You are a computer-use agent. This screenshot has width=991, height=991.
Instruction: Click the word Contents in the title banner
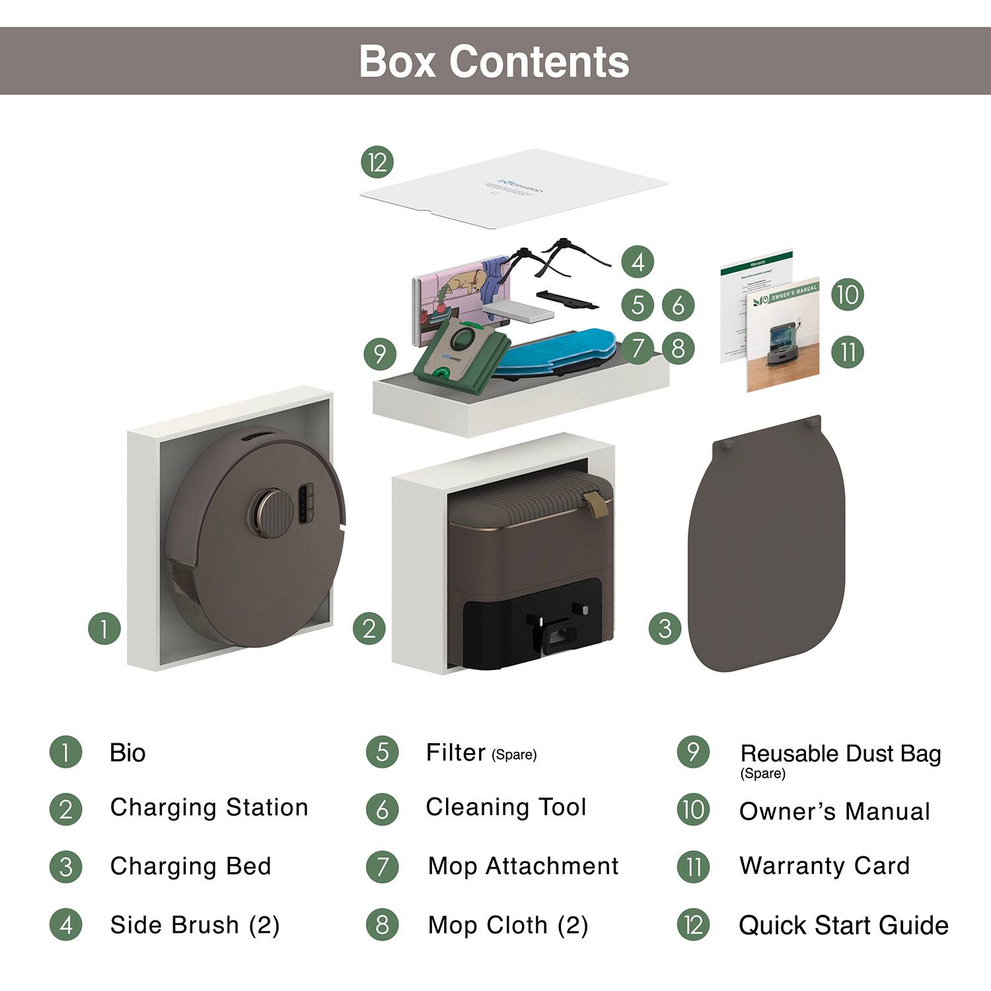tap(539, 61)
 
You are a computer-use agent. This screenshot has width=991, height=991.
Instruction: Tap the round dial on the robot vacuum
tap(270, 511)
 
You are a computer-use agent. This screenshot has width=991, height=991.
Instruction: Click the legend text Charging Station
tap(209, 807)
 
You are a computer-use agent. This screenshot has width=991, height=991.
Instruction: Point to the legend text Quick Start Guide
tap(843, 925)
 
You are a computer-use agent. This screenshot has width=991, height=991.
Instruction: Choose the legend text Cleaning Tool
tap(506, 807)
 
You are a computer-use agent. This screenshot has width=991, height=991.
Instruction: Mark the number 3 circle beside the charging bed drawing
tap(665, 628)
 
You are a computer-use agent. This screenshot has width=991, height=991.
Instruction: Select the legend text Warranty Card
tap(825, 865)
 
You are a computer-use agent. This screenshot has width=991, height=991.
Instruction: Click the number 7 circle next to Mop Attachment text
tap(383, 867)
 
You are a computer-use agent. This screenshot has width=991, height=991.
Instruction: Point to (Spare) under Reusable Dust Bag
tap(762, 774)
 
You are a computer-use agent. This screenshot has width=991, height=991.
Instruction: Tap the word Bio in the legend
tap(128, 753)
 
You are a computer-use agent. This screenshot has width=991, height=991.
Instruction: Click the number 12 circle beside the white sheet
tap(377, 163)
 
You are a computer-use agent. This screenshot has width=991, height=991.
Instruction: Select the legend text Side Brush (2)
tap(195, 925)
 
